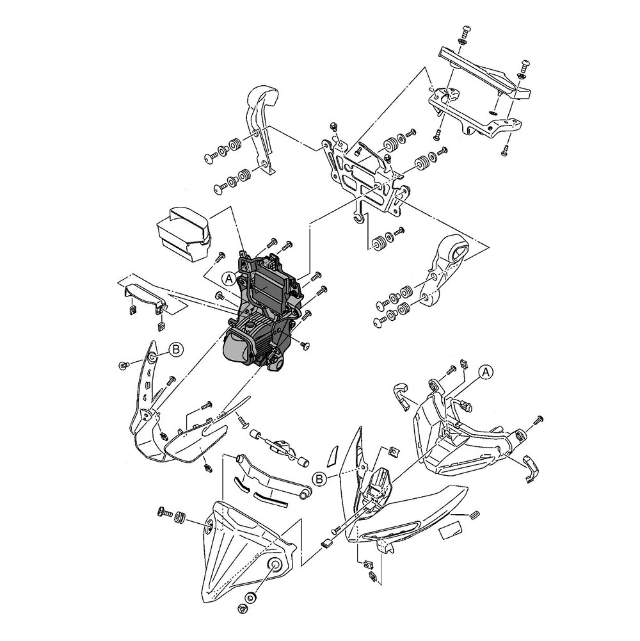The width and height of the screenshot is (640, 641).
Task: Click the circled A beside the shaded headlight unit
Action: pos(229,279)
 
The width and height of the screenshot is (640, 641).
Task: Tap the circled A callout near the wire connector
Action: pos(486,372)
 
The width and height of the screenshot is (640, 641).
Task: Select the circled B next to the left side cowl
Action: pos(176,349)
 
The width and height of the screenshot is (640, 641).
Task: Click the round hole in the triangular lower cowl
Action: pos(273,565)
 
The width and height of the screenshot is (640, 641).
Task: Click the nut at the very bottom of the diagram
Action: pos(243,608)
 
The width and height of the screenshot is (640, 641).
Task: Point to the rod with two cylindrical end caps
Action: pos(278,446)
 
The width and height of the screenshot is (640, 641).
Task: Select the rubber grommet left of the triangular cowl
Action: pos(179,517)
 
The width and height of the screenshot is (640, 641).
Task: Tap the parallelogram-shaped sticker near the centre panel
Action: pos(333,456)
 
